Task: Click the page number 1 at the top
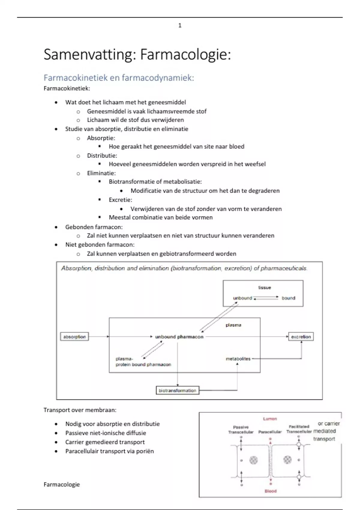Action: [180, 25]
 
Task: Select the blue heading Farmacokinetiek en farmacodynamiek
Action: [119, 78]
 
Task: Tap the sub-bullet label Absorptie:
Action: [101, 138]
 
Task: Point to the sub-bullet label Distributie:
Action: [102, 155]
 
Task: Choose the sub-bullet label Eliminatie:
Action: [101, 173]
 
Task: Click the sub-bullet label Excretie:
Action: [120, 200]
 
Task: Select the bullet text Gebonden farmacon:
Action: [94, 227]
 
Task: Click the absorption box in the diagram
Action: [74, 337]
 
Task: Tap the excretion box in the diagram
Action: [301, 337]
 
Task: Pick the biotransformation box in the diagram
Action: [177, 391]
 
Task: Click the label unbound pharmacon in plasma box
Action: [179, 337]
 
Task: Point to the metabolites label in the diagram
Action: [238, 358]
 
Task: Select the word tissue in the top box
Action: [264, 287]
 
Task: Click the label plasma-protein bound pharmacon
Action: [143, 361]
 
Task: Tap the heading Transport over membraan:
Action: [80, 410]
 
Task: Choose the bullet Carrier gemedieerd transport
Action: [105, 442]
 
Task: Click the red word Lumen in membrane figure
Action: [270, 419]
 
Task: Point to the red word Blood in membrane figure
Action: [270, 491]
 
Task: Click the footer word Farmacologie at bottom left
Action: [61, 484]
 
